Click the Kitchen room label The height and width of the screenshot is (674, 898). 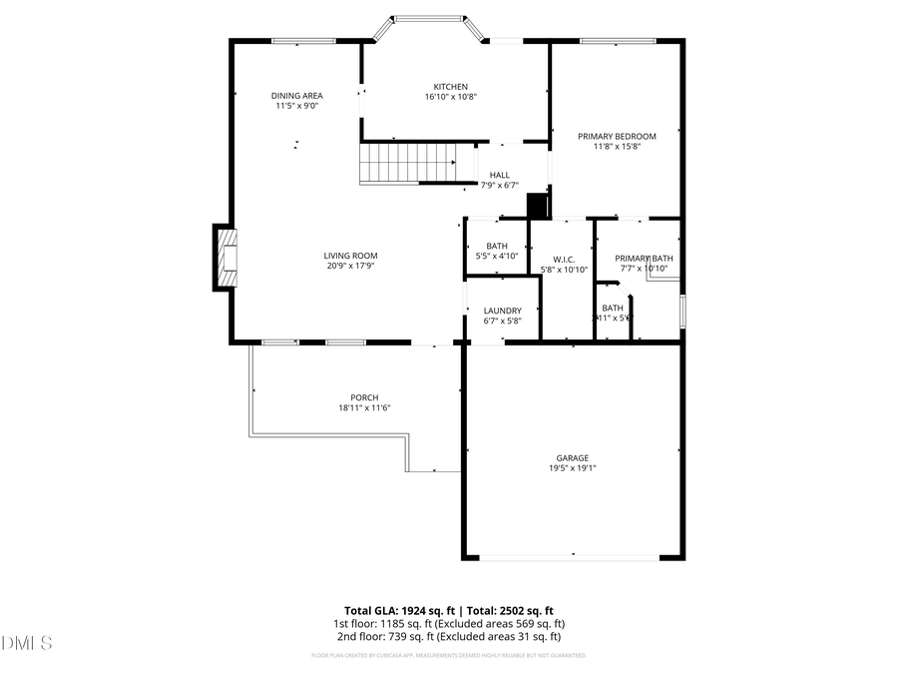point(450,87)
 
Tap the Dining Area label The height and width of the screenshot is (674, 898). point(297,96)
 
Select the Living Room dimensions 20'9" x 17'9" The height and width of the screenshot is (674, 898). point(351,267)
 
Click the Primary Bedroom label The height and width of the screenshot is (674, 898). point(617,136)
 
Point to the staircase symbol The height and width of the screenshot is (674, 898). point(407,163)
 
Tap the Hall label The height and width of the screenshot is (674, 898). point(499,175)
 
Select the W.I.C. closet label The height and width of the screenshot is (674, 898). point(564,259)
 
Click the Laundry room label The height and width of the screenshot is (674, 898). point(502,311)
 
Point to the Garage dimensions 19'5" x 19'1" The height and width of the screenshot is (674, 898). point(573,468)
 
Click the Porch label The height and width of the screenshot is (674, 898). point(363,397)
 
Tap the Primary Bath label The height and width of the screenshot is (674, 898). point(644,259)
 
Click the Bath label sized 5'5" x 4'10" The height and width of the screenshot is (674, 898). point(496,246)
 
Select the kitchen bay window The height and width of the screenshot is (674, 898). point(429,18)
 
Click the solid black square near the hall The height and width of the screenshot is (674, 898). point(538,205)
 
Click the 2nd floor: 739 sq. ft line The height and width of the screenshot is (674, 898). point(448,636)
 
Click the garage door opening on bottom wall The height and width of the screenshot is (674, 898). point(573,556)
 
